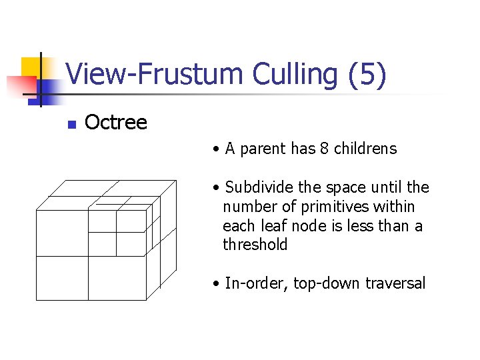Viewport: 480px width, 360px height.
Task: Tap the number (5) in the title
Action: [x=367, y=75]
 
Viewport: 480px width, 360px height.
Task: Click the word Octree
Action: [x=116, y=123]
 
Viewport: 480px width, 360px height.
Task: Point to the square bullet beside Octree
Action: [x=72, y=124]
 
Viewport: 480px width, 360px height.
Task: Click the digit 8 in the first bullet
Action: [x=324, y=149]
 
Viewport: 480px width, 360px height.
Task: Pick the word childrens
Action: [x=365, y=149]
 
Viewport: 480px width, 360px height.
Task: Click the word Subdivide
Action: [x=256, y=187]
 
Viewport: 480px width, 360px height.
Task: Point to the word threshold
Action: [x=255, y=245]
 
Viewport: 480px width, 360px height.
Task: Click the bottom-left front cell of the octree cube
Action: [x=61, y=278]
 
